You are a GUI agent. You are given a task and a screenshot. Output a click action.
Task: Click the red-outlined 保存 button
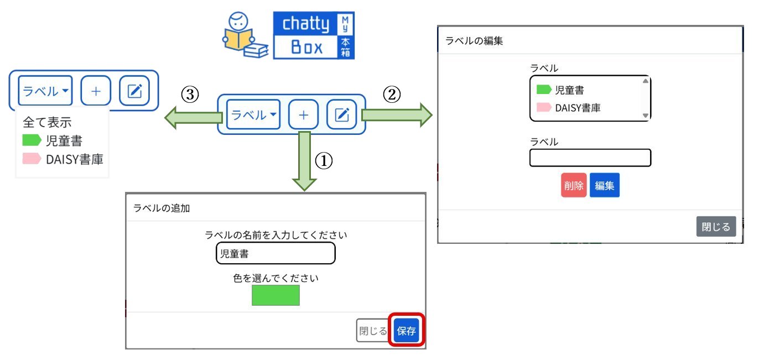tap(407, 331)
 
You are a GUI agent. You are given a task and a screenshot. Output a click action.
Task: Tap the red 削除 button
tap(574, 186)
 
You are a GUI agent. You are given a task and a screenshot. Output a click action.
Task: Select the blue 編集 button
tap(605, 186)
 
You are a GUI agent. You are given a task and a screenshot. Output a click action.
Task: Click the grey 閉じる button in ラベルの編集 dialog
tap(716, 227)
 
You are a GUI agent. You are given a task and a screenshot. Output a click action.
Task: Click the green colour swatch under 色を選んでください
tap(275, 295)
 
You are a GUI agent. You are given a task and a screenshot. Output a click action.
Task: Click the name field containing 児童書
tap(275, 253)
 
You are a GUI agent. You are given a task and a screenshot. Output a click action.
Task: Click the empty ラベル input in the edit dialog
tap(590, 158)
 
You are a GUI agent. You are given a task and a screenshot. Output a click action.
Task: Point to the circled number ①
tap(324, 160)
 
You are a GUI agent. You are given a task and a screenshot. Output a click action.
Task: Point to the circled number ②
tap(392, 95)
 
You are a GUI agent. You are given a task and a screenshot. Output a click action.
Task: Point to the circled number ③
tap(190, 95)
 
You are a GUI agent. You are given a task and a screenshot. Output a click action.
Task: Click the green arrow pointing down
tap(303, 160)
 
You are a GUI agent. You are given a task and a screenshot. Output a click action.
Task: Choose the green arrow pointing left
tap(194, 117)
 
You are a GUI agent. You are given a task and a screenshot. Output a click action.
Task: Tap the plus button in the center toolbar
tap(303, 114)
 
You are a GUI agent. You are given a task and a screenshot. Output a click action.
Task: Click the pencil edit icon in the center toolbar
tap(342, 114)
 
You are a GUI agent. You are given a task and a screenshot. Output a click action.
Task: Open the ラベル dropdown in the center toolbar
tap(253, 114)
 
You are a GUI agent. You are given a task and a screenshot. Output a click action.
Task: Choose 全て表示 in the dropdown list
tap(47, 122)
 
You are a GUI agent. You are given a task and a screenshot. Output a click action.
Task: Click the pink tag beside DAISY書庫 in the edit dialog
tap(544, 108)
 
